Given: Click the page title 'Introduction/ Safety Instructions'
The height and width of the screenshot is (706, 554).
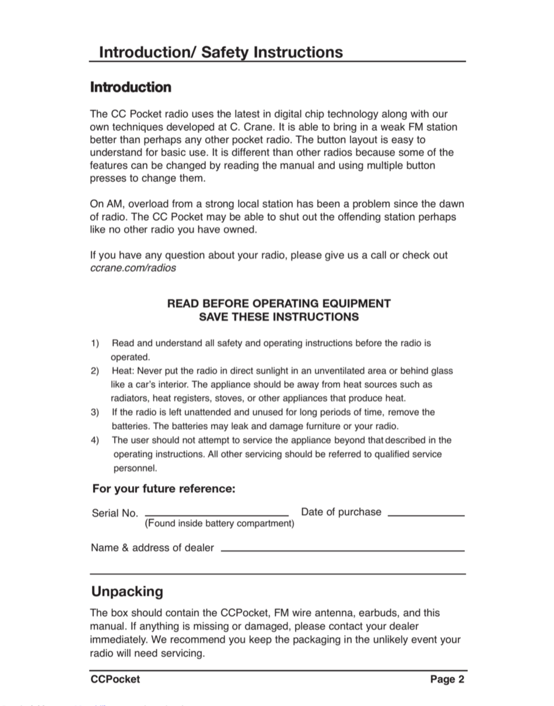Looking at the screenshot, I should [220, 52].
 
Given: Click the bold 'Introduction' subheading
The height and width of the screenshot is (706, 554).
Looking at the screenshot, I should [130, 87].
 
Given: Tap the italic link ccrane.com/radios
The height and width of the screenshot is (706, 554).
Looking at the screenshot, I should [133, 268].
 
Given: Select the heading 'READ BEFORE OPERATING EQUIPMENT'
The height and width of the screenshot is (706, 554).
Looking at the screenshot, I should [279, 303].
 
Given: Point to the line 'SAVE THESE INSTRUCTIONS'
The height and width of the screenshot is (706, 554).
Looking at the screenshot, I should [279, 317].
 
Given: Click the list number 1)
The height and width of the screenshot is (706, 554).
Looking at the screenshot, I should [95, 343].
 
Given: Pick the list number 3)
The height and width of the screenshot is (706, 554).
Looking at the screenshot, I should [95, 412].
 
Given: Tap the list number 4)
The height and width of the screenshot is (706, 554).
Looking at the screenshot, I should [95, 440].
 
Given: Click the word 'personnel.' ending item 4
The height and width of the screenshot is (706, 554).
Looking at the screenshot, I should [135, 468].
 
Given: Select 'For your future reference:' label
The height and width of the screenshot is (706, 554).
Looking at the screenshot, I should [164, 489].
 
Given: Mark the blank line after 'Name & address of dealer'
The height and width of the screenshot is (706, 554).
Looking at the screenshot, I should [343, 550].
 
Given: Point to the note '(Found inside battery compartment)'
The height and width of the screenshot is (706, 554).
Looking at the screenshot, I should [219, 524].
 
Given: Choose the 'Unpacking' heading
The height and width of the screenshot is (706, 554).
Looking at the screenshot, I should [127, 591].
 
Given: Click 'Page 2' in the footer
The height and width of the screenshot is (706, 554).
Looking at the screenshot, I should [447, 679].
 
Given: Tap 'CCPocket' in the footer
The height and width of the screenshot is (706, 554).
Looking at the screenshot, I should [115, 679].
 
